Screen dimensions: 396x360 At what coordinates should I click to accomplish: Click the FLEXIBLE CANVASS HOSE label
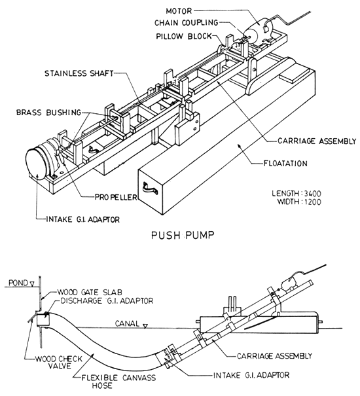87,381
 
